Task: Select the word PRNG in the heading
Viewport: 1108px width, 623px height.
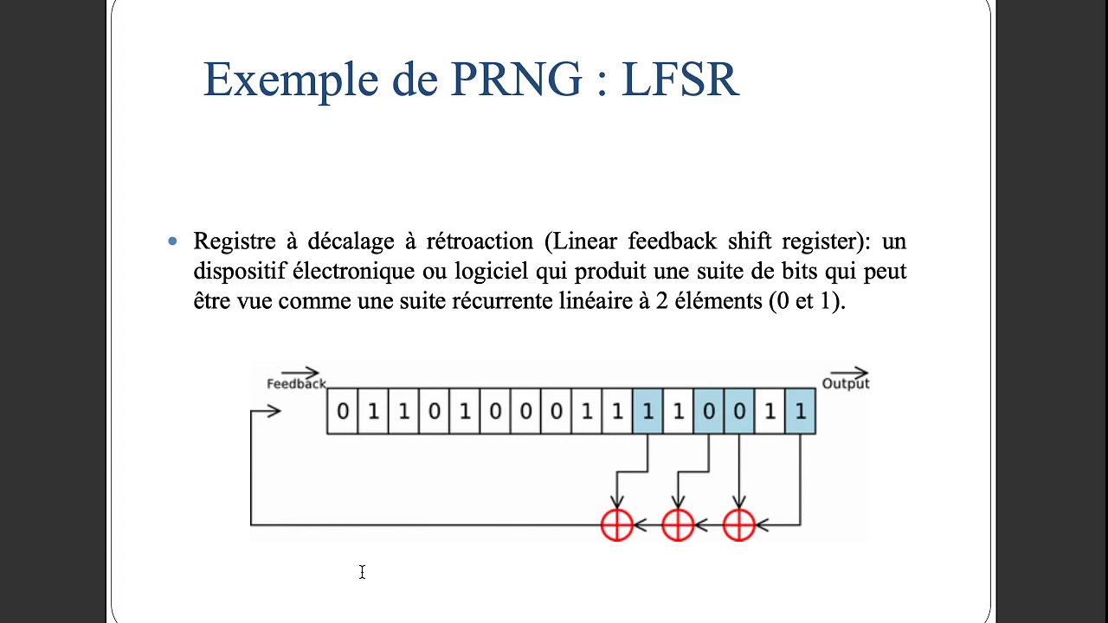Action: (x=516, y=80)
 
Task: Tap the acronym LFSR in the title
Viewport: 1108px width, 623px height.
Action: (x=680, y=80)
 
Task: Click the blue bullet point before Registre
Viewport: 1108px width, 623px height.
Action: (x=173, y=241)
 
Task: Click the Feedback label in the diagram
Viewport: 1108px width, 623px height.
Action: (x=295, y=383)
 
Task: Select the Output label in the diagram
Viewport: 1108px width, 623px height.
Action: (x=845, y=383)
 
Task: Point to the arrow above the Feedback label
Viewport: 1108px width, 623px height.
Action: (x=300, y=373)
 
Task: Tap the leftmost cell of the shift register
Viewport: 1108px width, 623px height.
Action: (x=342, y=411)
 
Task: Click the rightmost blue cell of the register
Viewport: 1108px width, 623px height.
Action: (x=800, y=411)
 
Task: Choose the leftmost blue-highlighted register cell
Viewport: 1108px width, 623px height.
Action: (x=647, y=411)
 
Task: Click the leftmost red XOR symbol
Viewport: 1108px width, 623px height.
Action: (x=617, y=524)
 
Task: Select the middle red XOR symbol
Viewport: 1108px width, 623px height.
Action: (x=678, y=524)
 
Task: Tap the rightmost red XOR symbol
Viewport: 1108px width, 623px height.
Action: (x=738, y=524)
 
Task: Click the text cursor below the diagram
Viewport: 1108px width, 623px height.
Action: (x=362, y=572)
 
